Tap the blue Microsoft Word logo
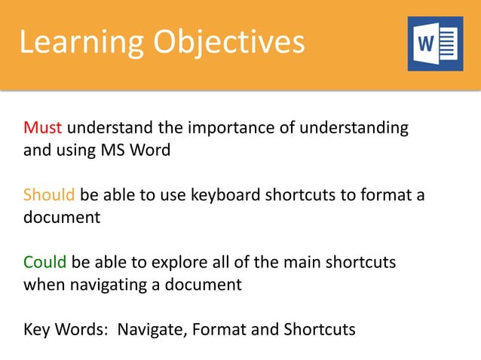click(435, 44)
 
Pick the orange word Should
click(49, 195)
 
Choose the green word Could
click(45, 262)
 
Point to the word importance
click(234, 127)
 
